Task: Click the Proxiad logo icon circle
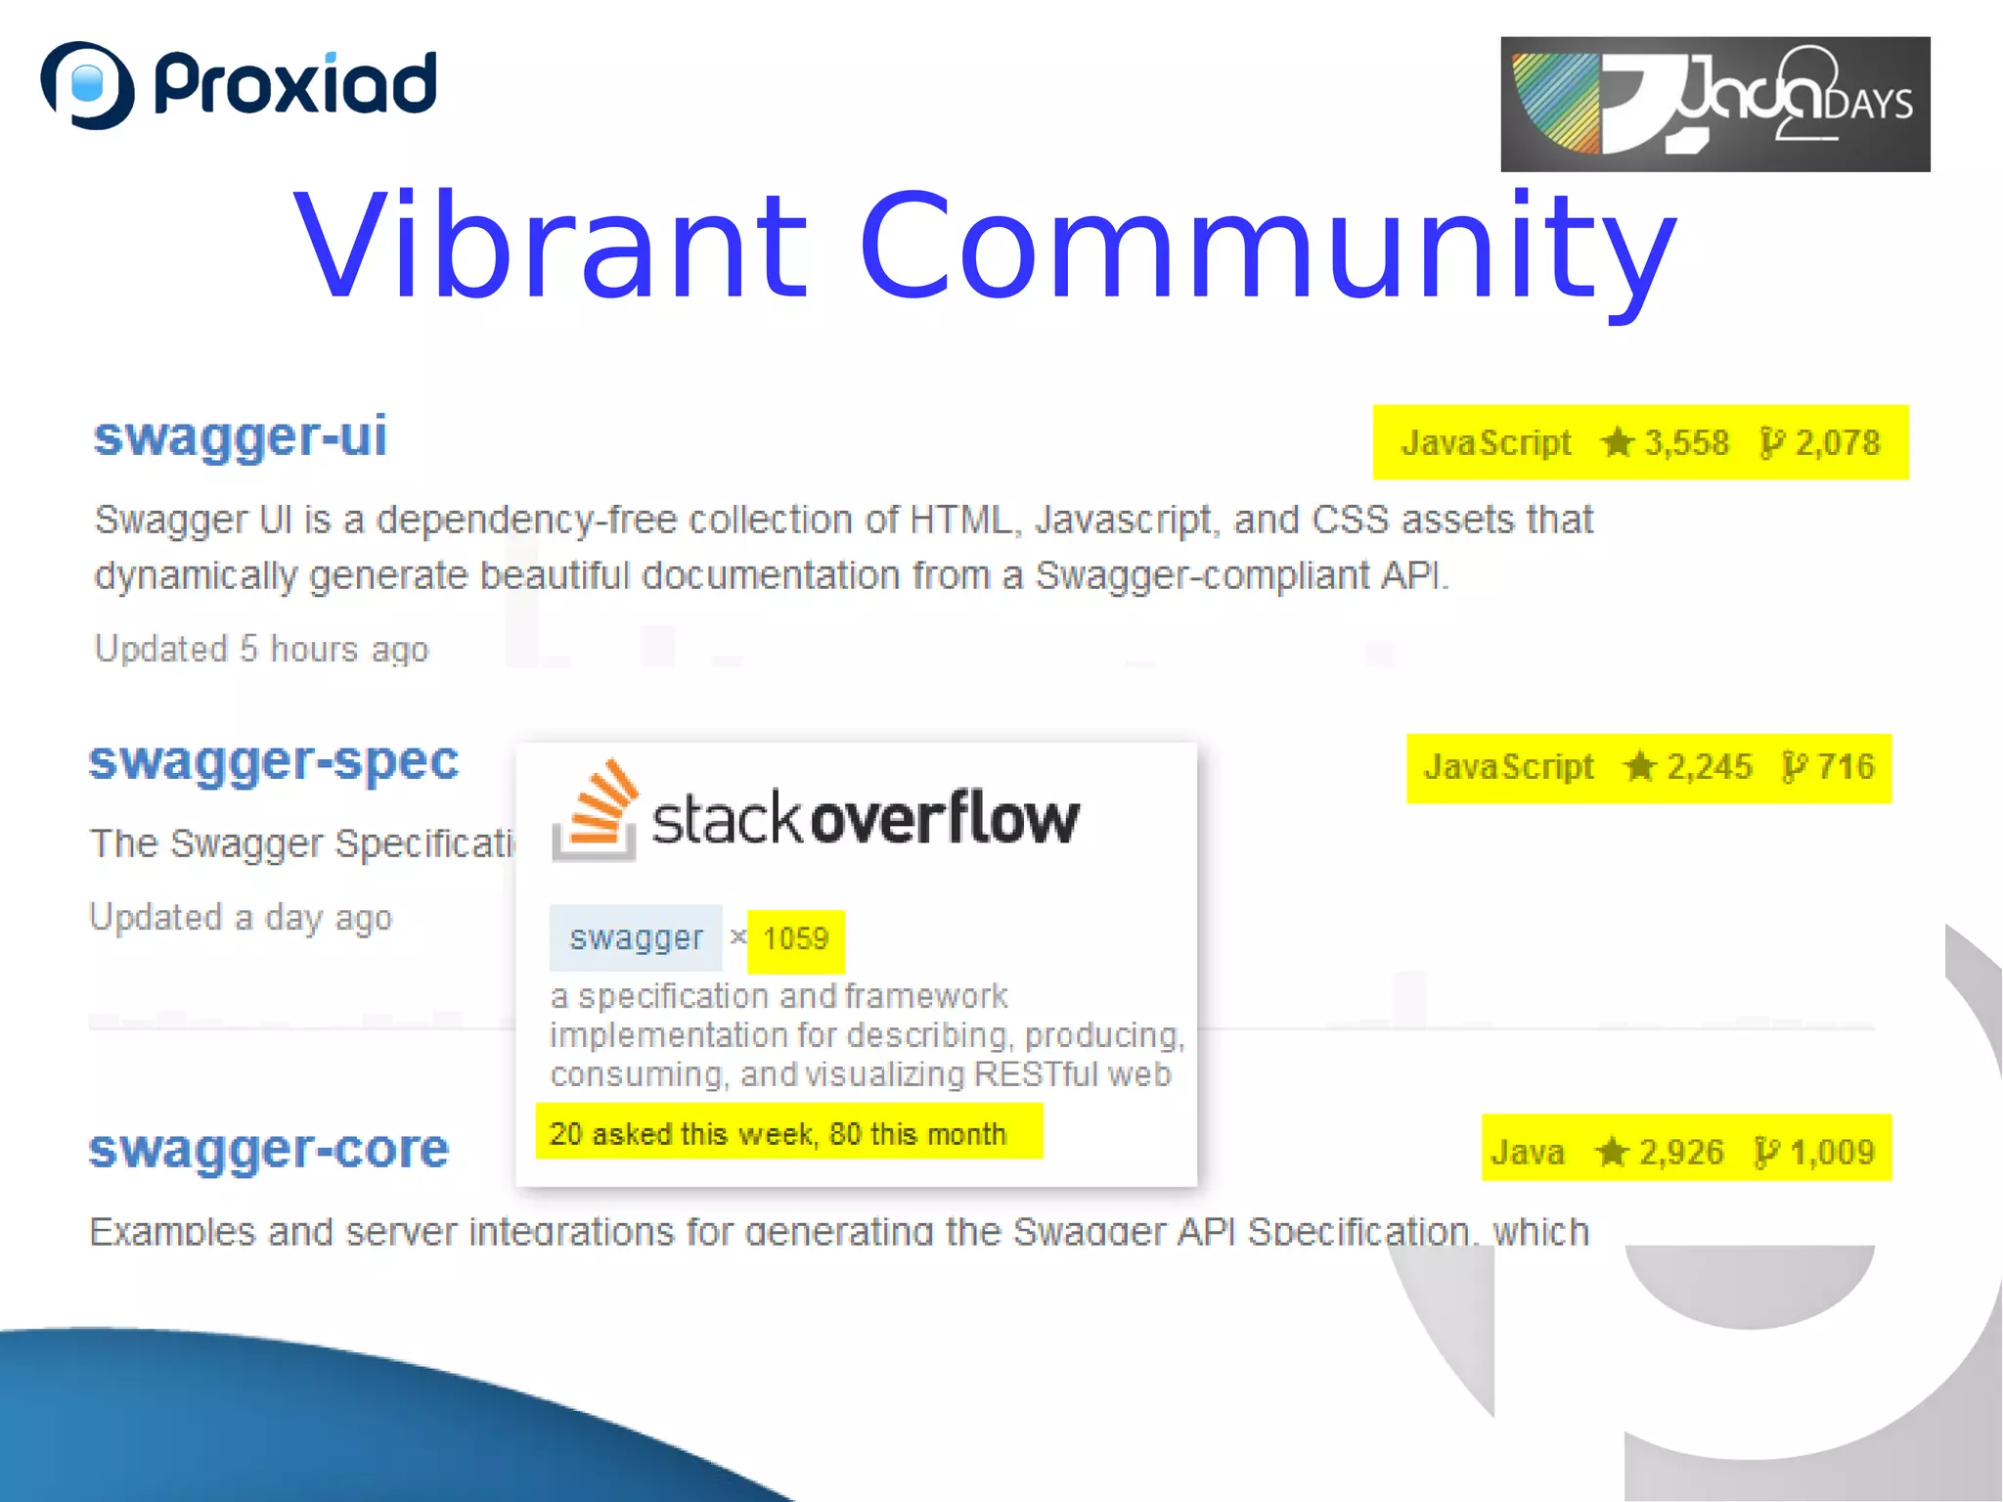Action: click(87, 85)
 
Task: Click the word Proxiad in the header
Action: click(295, 85)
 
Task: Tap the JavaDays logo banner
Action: click(1714, 104)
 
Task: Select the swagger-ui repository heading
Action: click(241, 435)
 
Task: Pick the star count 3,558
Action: click(1685, 442)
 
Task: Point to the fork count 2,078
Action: click(1837, 442)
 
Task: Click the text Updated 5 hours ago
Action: click(261, 649)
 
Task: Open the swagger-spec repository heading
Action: click(274, 760)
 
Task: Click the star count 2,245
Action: click(1708, 766)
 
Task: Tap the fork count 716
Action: click(1845, 766)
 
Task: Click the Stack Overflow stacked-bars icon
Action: click(595, 810)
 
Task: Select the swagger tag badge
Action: click(636, 937)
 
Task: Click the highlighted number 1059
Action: click(795, 939)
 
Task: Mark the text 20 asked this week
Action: click(682, 1133)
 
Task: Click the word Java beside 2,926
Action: click(1527, 1152)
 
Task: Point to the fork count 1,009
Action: click(1831, 1152)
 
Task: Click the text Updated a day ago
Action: click(241, 917)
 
